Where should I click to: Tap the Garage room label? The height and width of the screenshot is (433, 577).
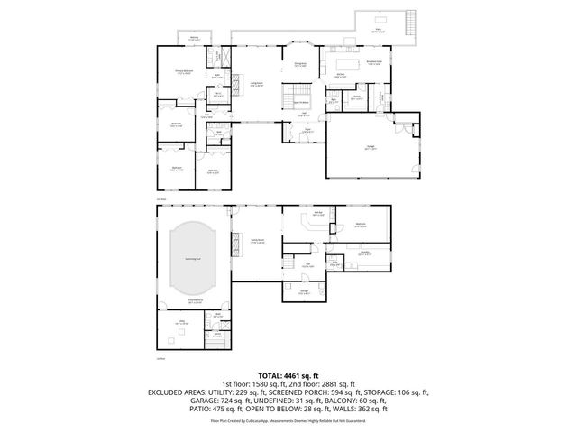[x=371, y=149]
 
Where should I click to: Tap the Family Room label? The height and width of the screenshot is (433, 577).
[x=257, y=241]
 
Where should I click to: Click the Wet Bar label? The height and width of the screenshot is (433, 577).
[x=318, y=215]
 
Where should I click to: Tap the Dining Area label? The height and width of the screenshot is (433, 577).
[x=300, y=63]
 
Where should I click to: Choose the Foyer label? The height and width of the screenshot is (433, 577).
[x=307, y=129]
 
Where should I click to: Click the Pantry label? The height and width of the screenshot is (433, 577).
[x=357, y=96]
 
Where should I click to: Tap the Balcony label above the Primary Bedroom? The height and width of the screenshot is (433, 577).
[x=194, y=39]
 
